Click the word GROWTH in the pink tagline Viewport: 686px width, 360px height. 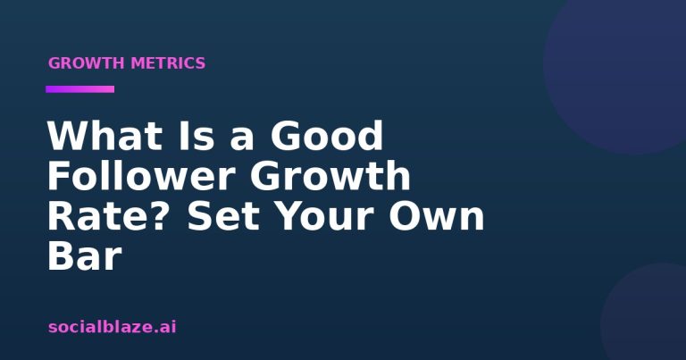pyautogui.click(x=86, y=63)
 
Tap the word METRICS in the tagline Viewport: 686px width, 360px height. pyautogui.click(x=168, y=63)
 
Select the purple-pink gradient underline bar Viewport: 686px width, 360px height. pyautogui.click(x=80, y=89)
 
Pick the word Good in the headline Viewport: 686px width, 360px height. pyautogui.click(x=327, y=136)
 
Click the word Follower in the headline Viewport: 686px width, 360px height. pyautogui.click(x=141, y=176)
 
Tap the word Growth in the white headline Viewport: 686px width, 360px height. pyautogui.click(x=330, y=176)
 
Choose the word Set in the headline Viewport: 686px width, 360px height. pyautogui.click(x=224, y=216)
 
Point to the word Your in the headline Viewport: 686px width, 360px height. pyautogui.click(x=325, y=216)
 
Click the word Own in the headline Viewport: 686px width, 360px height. pyautogui.click(x=437, y=216)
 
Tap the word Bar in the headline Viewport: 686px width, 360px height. pyautogui.click(x=84, y=256)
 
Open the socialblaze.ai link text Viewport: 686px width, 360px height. pyautogui.click(x=113, y=327)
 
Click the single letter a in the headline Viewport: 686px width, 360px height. pyautogui.click(x=242, y=139)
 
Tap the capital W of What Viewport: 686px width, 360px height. pyautogui.click(x=69, y=136)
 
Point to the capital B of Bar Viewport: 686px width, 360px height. pyautogui.click(x=60, y=256)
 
